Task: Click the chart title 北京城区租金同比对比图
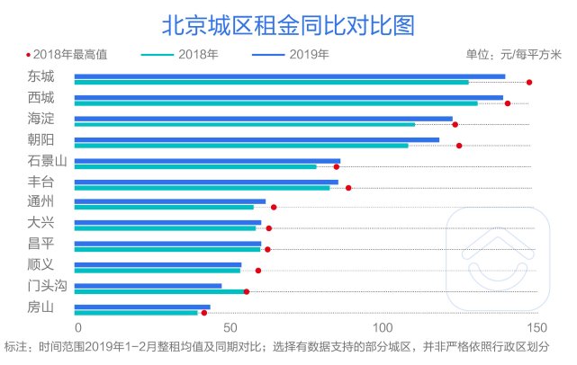click(288, 24)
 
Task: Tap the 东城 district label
click(41, 76)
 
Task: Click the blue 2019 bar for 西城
click(288, 97)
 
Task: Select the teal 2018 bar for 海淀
click(244, 124)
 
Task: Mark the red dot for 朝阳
click(459, 146)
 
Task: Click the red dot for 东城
click(529, 83)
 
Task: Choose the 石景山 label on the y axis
click(47, 161)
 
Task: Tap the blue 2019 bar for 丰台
click(206, 182)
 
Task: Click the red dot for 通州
click(274, 208)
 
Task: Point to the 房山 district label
click(41, 308)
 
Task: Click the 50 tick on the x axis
click(230, 327)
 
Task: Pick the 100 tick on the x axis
click(383, 327)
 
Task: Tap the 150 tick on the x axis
click(536, 327)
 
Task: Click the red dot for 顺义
click(258, 271)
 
